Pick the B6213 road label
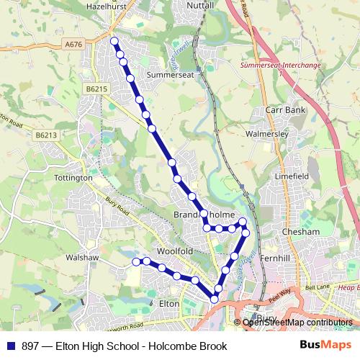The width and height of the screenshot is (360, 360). click(45, 134)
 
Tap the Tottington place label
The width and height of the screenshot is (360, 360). click(73, 177)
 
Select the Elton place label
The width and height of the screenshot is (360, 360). click(168, 305)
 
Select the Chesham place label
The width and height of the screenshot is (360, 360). click(300, 232)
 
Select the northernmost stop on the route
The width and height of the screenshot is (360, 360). click(113, 41)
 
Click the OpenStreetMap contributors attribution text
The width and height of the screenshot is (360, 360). click(297, 323)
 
